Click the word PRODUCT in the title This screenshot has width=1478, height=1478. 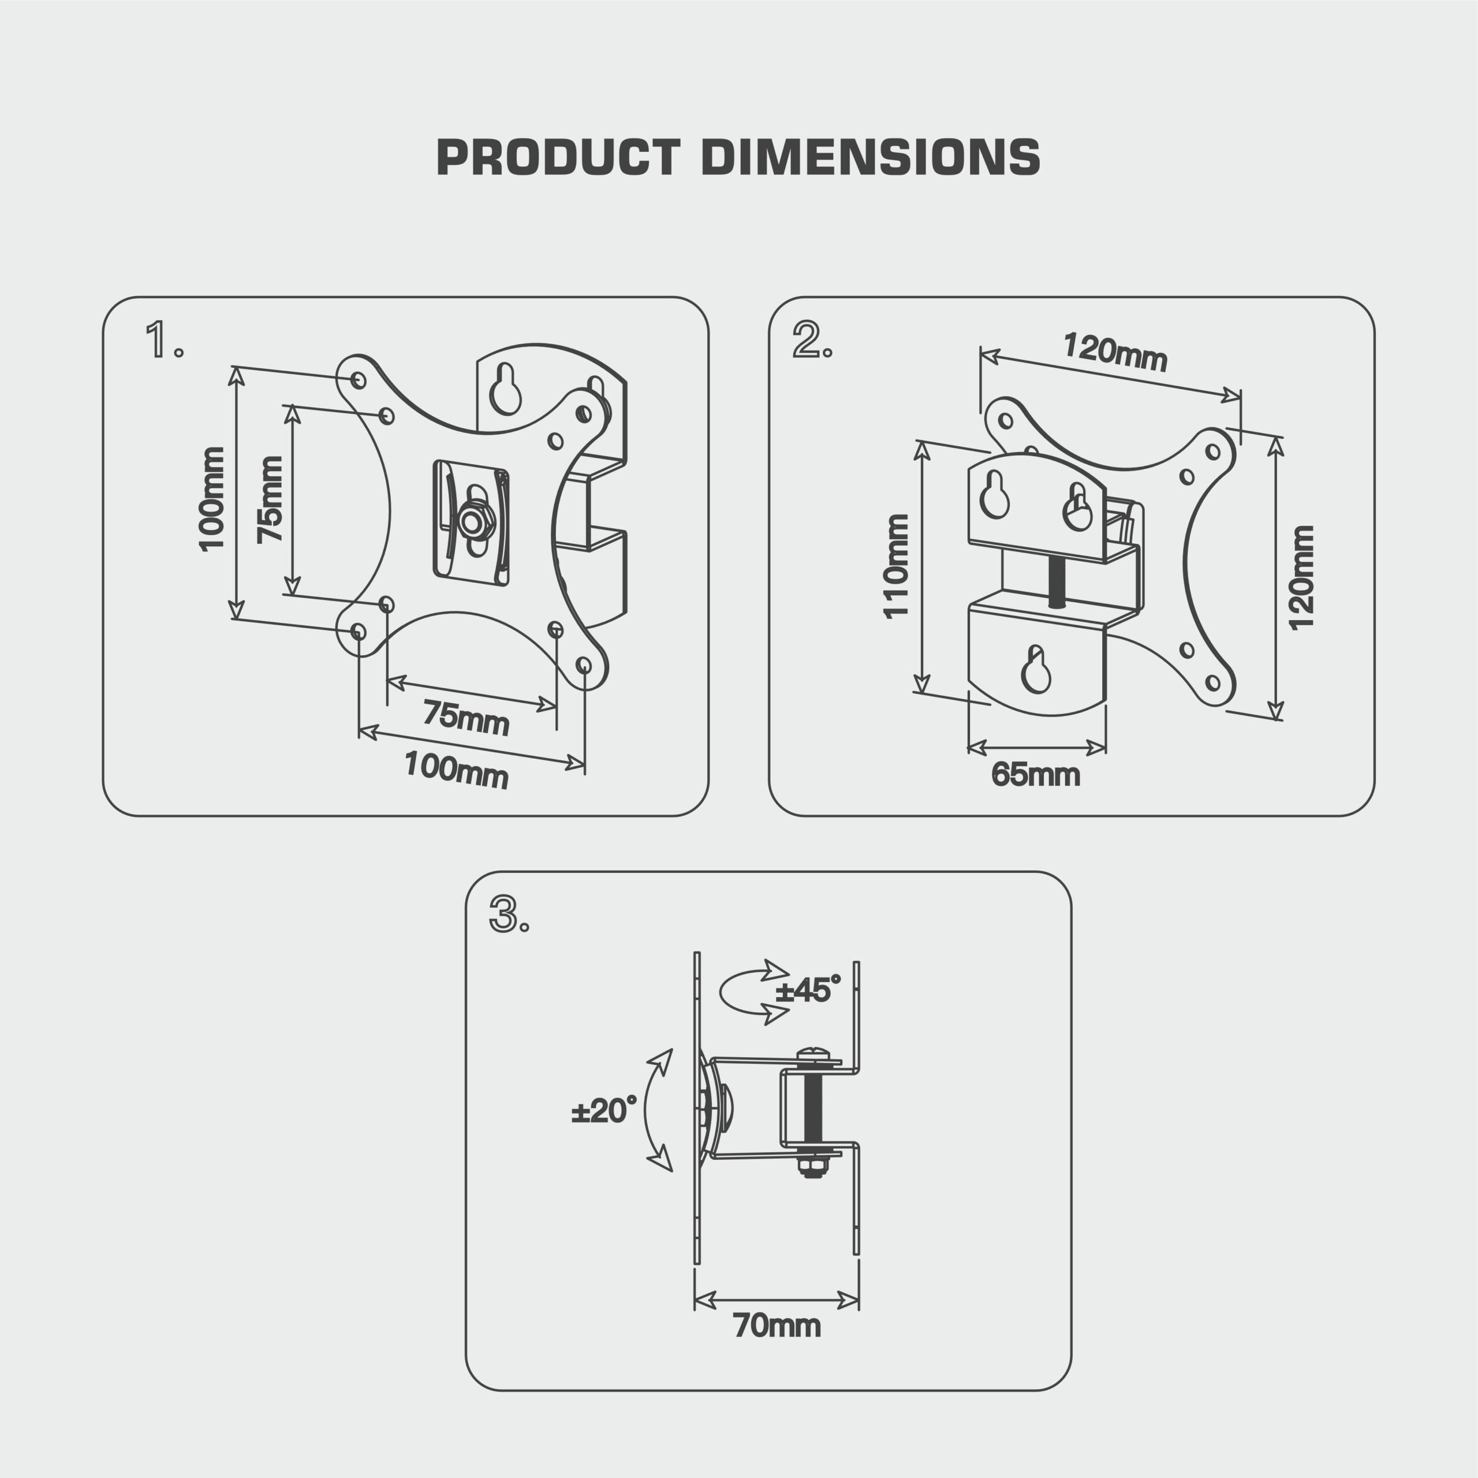pyautogui.click(x=558, y=158)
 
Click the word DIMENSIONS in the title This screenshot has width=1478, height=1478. pyautogui.click(x=871, y=158)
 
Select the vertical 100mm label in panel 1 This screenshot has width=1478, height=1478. pyautogui.click(x=211, y=499)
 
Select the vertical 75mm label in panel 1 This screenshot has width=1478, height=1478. pyautogui.click(x=269, y=499)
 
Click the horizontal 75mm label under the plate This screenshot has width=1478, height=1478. pyautogui.click(x=466, y=718)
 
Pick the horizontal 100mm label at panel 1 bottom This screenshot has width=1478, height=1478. pyautogui.click(x=456, y=770)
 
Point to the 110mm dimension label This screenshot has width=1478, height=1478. pyautogui.click(x=896, y=566)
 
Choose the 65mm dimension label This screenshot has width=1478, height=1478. pyautogui.click(x=1035, y=775)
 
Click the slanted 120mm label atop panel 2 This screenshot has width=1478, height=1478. pyautogui.click(x=1115, y=351)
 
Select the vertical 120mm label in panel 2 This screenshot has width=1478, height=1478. pyautogui.click(x=1301, y=577)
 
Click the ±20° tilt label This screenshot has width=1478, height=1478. pyautogui.click(x=603, y=1111)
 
